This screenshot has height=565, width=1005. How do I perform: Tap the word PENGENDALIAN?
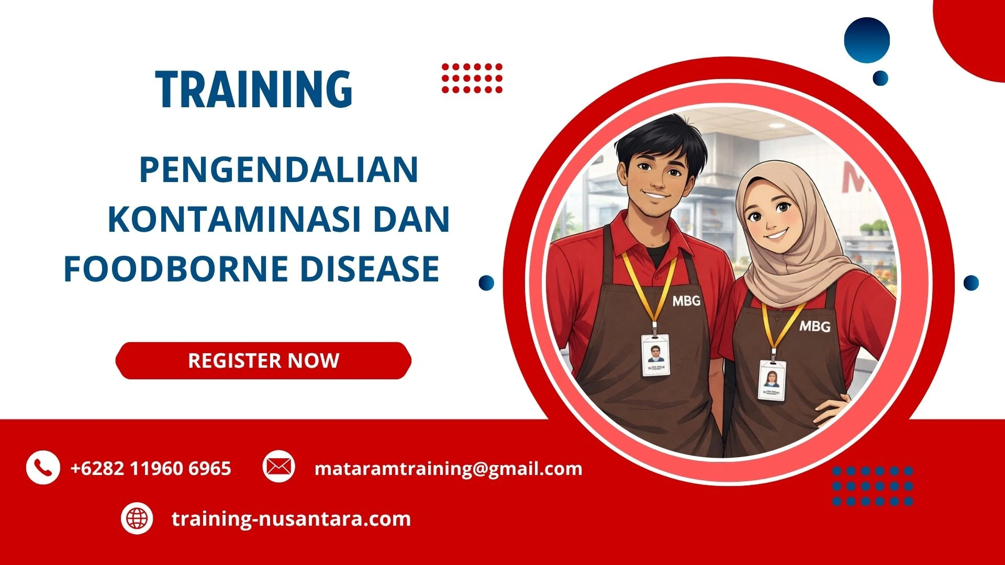coord(278,170)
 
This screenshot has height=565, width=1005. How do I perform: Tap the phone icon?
coord(42,467)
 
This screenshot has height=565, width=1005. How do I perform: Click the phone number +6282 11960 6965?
coord(151,468)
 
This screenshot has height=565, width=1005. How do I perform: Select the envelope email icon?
coord(278,466)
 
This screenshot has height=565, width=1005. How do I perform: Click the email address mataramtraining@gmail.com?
coord(448,468)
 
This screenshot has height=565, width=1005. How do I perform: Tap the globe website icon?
coord(137,518)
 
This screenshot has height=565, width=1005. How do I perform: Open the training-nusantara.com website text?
coord(291,519)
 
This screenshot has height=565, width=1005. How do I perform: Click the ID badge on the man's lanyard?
coord(655,354)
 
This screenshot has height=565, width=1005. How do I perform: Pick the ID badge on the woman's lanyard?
coord(772,379)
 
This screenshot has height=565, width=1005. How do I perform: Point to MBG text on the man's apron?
coord(686,301)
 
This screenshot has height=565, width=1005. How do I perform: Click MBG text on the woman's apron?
coord(814,326)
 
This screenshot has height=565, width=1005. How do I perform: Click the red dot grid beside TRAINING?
coord(472,78)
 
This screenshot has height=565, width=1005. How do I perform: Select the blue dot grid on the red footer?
coord(872,486)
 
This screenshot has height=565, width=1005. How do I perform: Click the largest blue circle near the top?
coord(867,40)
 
